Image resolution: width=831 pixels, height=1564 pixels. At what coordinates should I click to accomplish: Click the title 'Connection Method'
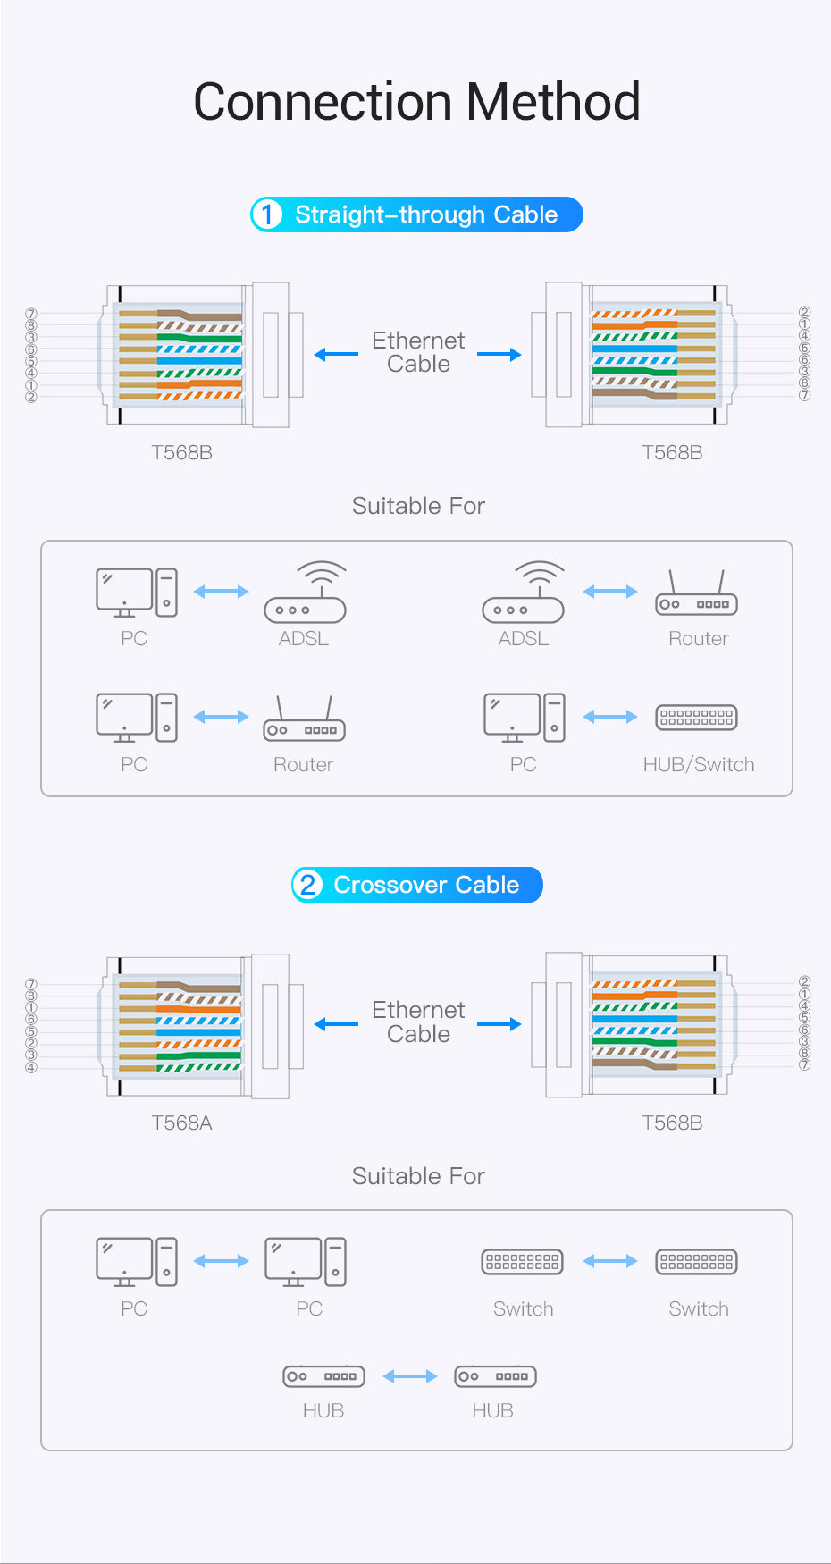coord(416,101)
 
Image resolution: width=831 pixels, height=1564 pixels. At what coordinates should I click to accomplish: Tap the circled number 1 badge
coord(266,214)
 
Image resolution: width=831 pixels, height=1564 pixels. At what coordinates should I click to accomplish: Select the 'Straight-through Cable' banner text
coord(426,214)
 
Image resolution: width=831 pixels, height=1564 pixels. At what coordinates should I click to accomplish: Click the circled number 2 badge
coord(307,885)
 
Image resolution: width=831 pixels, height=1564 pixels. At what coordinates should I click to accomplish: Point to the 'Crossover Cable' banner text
coord(426,885)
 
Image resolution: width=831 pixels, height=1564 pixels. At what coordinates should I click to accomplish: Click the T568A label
coord(181,1123)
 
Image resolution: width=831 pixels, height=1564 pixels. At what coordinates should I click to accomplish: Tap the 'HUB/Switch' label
coord(699,764)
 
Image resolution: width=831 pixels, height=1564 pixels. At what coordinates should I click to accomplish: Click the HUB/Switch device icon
coord(697,717)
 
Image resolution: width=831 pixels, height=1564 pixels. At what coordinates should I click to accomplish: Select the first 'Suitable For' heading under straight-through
coord(418,506)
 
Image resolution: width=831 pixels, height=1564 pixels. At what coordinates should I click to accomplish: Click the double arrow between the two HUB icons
coord(410,1376)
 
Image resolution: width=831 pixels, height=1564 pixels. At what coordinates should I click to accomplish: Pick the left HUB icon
coord(323,1376)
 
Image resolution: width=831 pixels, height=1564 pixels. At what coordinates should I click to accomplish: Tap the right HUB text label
coord(492,1410)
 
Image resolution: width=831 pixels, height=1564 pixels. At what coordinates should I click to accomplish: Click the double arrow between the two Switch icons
coord(610,1261)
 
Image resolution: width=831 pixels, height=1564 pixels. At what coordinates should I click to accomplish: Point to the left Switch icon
coord(523,1261)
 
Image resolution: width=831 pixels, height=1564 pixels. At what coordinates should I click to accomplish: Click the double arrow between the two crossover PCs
coord(221,1261)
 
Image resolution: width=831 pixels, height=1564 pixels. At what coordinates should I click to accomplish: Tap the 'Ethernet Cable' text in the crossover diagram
coord(418,1022)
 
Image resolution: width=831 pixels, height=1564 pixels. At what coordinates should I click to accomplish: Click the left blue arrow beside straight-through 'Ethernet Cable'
coord(336,355)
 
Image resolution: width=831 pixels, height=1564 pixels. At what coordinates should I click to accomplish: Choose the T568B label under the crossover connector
coord(672,1123)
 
